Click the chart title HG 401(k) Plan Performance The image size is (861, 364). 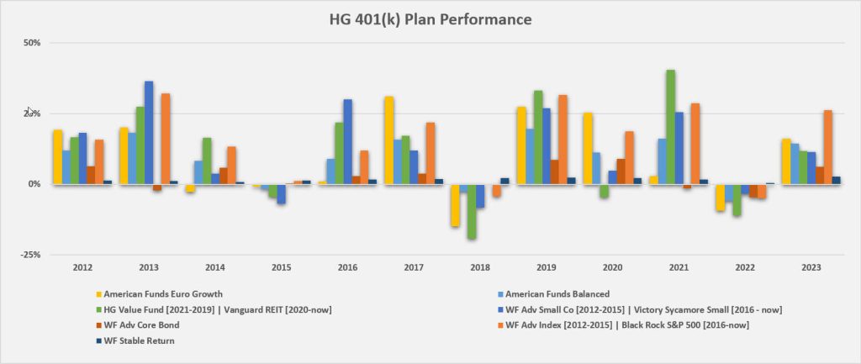[x=430, y=18]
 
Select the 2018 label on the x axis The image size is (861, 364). [x=479, y=267]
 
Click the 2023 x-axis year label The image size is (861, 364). [x=810, y=267]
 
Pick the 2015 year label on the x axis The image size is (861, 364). [x=281, y=267]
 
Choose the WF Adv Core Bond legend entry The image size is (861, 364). [x=138, y=324]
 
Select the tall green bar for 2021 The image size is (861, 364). [x=670, y=126]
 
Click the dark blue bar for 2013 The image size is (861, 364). [x=149, y=132]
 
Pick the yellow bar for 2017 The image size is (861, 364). [x=389, y=140]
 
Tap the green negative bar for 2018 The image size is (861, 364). [x=473, y=211]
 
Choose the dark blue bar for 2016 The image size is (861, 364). [x=347, y=141]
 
